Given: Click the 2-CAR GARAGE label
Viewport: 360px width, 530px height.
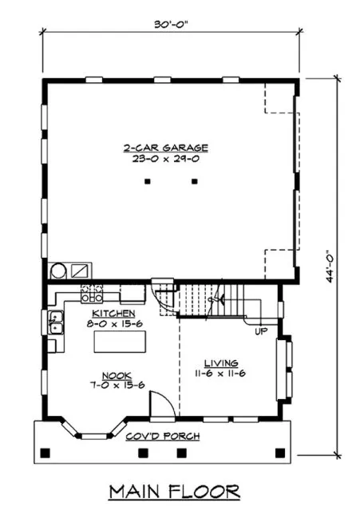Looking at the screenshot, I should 165,148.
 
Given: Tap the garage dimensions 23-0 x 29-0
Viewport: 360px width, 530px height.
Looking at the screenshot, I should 165,159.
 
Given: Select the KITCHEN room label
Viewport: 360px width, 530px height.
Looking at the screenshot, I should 114,314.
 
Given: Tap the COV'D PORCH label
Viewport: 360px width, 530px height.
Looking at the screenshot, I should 163,437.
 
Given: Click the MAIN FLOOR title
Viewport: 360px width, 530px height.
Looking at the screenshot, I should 174,488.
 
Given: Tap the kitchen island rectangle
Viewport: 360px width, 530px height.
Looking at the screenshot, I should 121,342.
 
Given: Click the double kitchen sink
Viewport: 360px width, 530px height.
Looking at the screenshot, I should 57,324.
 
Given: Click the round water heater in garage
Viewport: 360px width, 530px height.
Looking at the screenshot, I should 59,270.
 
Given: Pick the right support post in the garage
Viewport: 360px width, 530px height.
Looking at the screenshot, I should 194,183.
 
